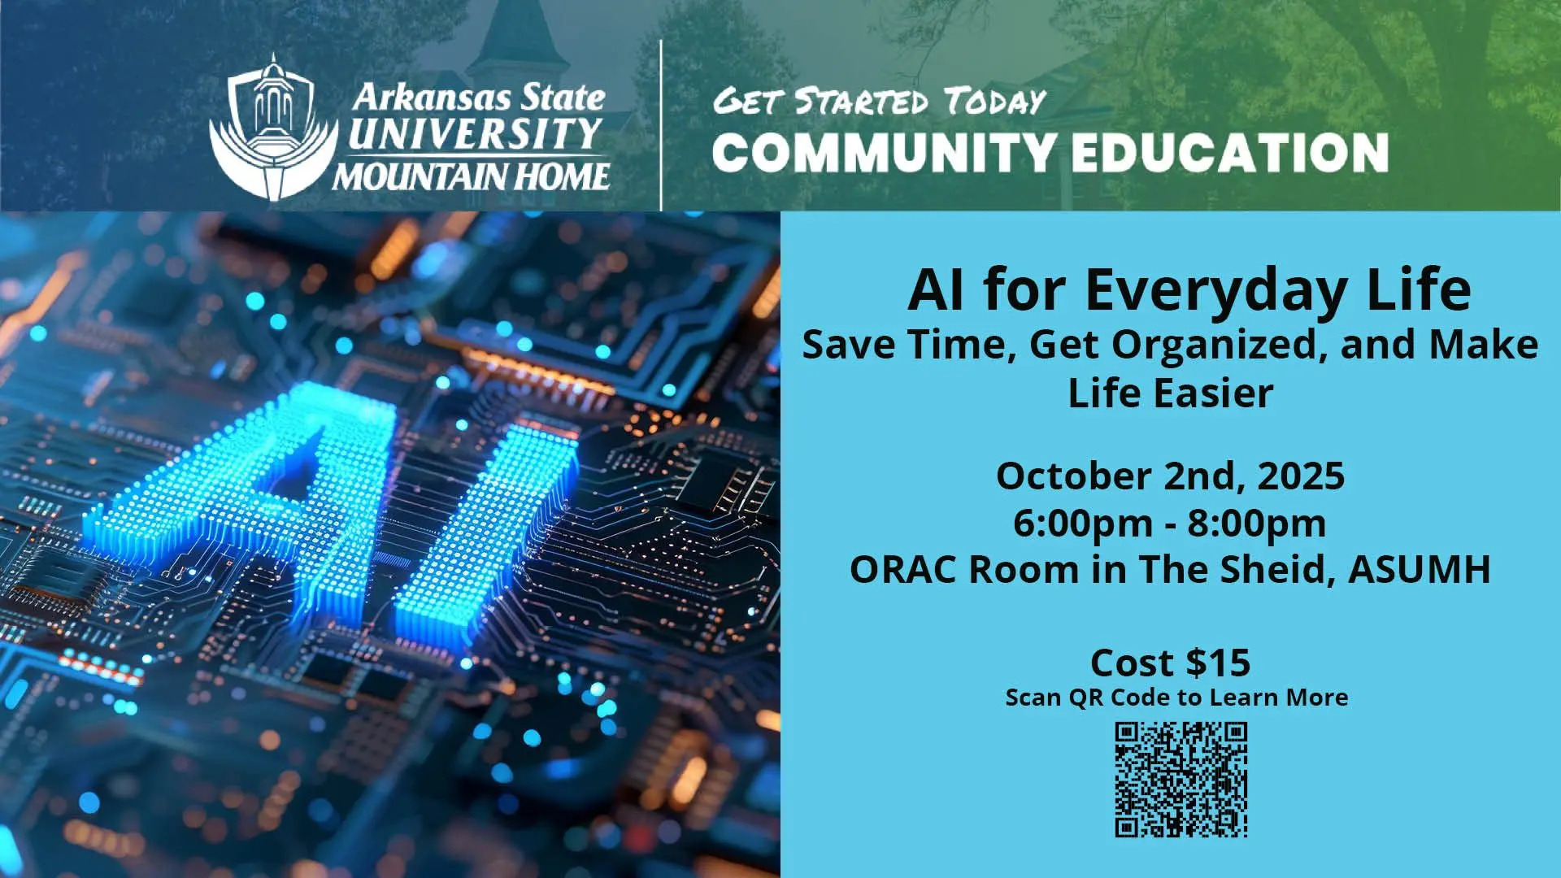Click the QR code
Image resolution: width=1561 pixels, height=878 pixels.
click(x=1181, y=780)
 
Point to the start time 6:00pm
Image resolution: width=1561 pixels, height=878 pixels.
click(x=1082, y=524)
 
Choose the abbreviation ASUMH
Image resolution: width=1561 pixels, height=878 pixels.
click(x=1420, y=570)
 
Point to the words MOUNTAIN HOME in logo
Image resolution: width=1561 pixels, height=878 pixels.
click(x=471, y=176)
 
